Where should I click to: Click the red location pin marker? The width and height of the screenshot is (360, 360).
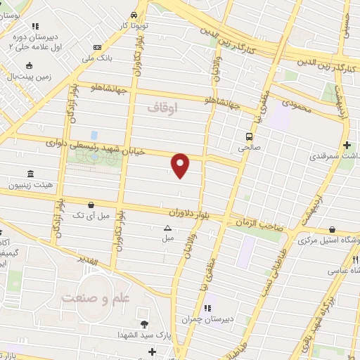(181, 165)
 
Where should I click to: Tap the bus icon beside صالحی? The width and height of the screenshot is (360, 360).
(249, 136)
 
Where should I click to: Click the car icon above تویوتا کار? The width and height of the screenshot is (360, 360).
(134, 15)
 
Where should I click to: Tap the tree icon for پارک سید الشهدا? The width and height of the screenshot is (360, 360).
(144, 324)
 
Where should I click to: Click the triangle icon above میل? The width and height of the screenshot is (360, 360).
(167, 228)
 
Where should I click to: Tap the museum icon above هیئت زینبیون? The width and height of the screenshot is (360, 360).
(30, 174)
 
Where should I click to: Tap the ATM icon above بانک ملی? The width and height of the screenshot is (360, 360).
(98, 47)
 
